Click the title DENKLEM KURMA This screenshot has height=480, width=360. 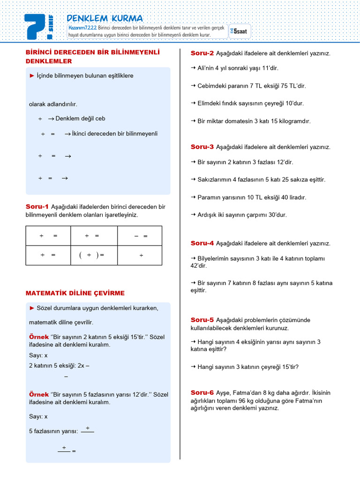[105, 18]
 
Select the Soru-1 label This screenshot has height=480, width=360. [37, 206]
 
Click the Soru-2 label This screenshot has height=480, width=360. [202, 53]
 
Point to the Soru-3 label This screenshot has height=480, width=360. [202, 147]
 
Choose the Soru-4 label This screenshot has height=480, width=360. [202, 243]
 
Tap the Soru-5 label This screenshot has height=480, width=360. [202, 320]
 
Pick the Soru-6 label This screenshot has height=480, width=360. [202, 392]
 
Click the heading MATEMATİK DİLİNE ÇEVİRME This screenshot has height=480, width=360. [75, 293]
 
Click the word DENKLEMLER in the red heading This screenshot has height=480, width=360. [49, 61]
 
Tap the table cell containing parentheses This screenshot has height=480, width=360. [94, 255]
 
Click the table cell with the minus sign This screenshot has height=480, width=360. [140, 236]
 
